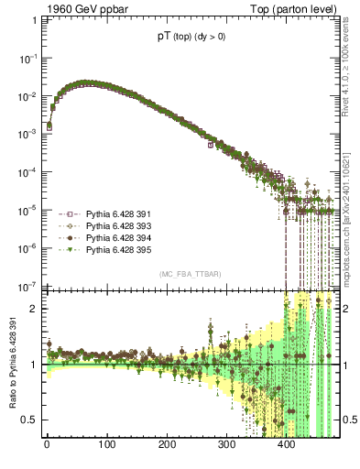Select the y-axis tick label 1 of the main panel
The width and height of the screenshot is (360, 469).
pos(33,20)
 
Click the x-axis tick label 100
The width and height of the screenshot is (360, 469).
pos(106,445)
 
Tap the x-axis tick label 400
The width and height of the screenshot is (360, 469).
pos(287,445)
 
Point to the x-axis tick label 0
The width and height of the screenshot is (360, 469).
pos(47,445)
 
